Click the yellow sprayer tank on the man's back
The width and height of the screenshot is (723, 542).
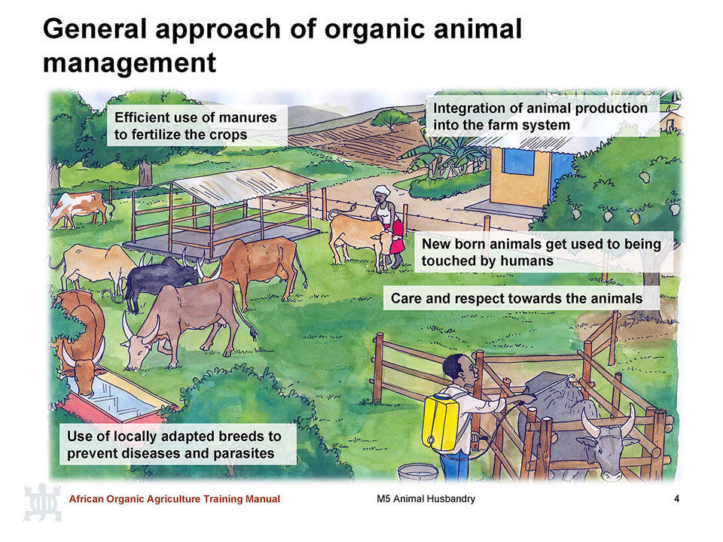[x=440, y=422]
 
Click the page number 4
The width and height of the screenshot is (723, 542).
[x=677, y=498]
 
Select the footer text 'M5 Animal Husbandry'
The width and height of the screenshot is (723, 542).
[x=426, y=498]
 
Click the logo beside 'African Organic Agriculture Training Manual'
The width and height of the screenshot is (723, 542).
[x=42, y=502]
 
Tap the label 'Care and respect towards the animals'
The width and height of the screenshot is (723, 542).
[x=517, y=299]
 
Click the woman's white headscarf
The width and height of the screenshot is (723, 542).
[x=382, y=190]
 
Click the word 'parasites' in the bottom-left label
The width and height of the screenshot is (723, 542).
[x=244, y=453]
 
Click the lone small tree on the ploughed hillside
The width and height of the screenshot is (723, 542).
[x=391, y=118]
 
